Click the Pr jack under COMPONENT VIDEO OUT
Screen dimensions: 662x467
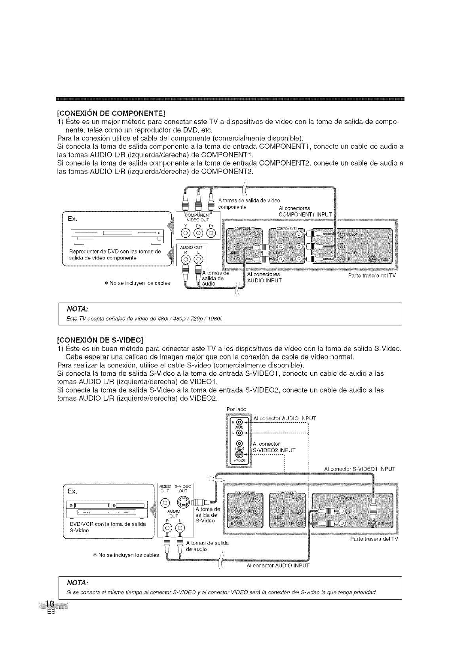pos(211,232)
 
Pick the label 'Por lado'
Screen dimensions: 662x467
pos(236,409)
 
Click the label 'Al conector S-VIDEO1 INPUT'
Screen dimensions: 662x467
pos(359,469)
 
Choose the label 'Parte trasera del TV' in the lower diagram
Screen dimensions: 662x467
pos(374,539)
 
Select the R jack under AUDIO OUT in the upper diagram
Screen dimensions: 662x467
pos(184,259)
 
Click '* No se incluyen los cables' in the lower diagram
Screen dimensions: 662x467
pos(126,555)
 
